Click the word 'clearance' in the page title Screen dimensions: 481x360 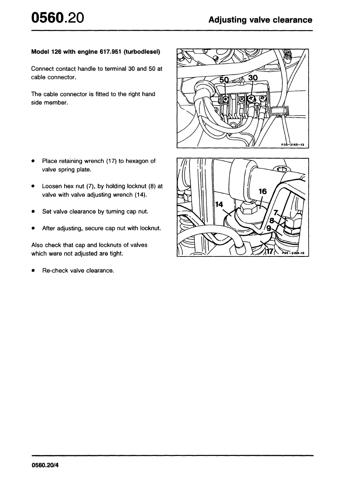tap(291, 20)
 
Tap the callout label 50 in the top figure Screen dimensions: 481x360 tap(224, 80)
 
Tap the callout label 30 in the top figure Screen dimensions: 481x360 tap(253, 78)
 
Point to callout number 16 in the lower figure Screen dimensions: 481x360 tap(263, 191)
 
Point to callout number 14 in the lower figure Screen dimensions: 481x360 tap(219, 204)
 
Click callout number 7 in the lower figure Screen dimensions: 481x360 tap(276, 212)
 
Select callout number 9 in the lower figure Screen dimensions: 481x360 tap(269, 228)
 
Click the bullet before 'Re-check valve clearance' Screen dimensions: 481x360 tap(33, 271)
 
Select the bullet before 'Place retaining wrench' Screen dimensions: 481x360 tap(33, 161)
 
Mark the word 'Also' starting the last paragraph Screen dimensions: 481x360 tap(38, 245)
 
